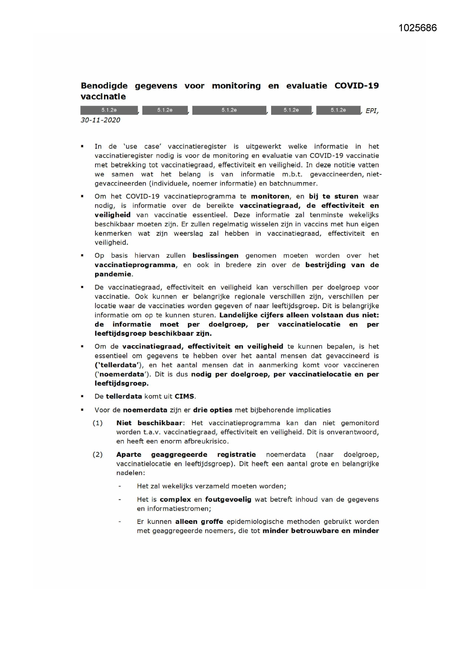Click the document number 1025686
coord(417,28)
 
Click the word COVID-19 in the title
coord(357,86)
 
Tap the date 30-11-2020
coord(100,120)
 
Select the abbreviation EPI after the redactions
coord(371,110)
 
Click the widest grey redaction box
coord(229,110)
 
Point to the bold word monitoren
coord(270,196)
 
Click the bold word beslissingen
coord(215,255)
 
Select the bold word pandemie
coord(113,274)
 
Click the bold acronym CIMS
coord(184,396)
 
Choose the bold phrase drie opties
coord(213,410)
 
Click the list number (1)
coord(97,423)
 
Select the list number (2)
coord(97,454)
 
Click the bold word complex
coord(175,499)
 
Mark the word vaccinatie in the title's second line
coord(103,97)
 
